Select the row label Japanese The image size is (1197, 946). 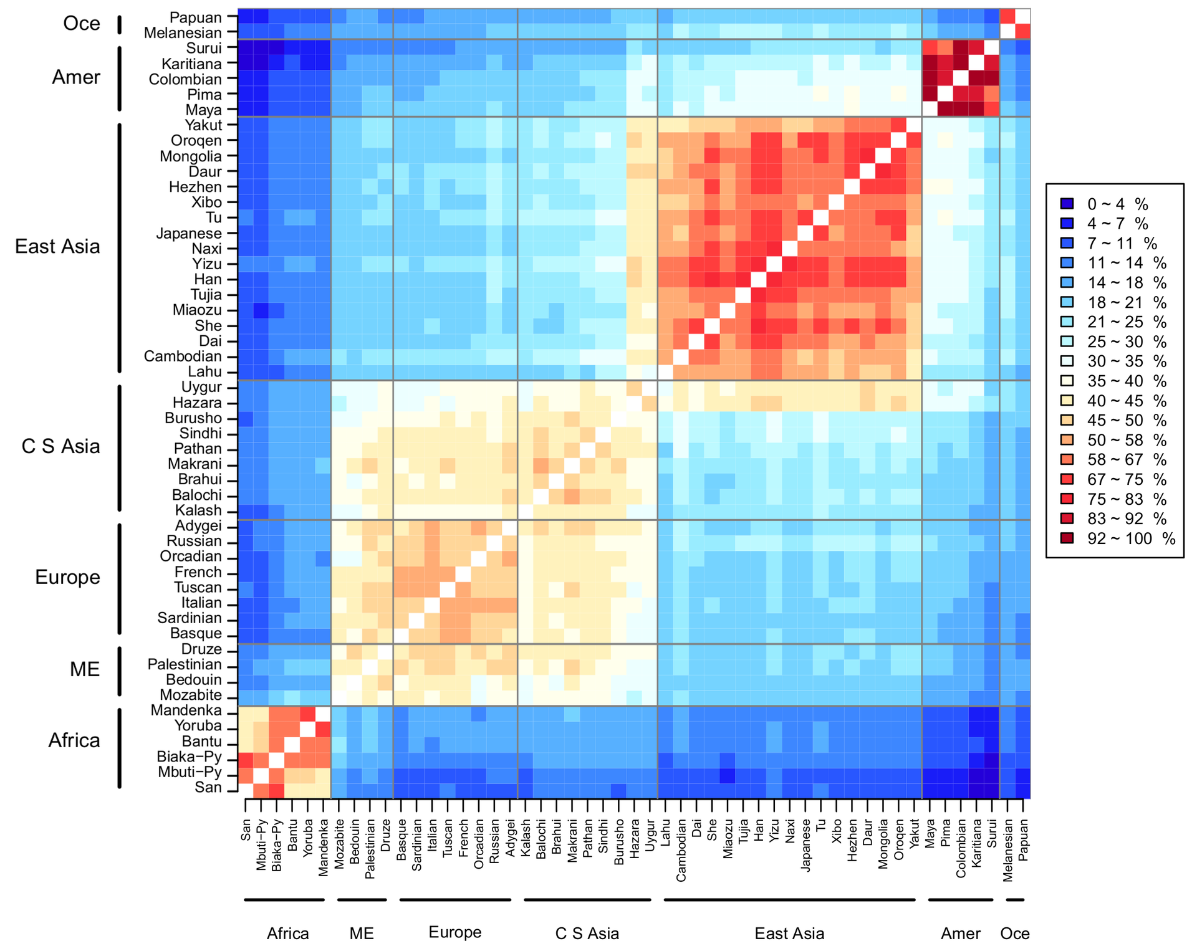tap(188, 234)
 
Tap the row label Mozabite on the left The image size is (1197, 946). tap(190, 695)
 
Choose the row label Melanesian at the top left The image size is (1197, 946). tap(182, 33)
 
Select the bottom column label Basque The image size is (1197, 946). tap(401, 836)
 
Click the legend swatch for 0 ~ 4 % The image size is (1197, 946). tap(1067, 204)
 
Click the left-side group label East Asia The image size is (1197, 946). tap(57, 247)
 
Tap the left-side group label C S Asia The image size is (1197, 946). tap(60, 447)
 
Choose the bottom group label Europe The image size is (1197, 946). tap(455, 932)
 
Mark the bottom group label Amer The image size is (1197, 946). tap(960, 934)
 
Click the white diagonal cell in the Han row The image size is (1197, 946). tap(758, 279)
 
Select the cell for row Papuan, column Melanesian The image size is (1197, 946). tap(1007, 17)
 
